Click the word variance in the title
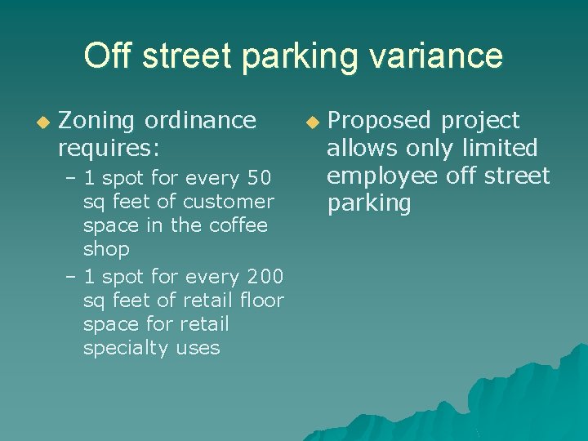pyautogui.click(x=442, y=56)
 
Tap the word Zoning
pyautogui.click(x=96, y=121)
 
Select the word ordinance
pyautogui.click(x=199, y=121)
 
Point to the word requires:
pyautogui.click(x=108, y=149)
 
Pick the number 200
pyautogui.click(x=261, y=277)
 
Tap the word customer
pyautogui.click(x=232, y=201)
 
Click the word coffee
pyautogui.click(x=240, y=225)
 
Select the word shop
pyautogui.click(x=106, y=248)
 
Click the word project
pyautogui.click(x=480, y=121)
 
